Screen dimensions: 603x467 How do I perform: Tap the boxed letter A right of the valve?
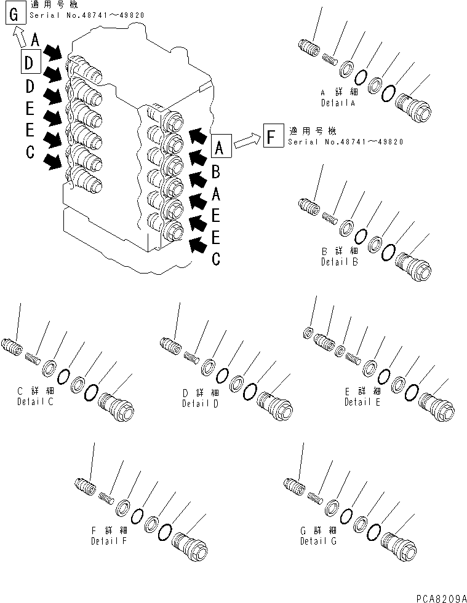coord(222,148)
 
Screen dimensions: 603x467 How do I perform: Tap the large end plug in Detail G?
coord(398,544)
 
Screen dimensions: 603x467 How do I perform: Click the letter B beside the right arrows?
coord(215,173)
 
